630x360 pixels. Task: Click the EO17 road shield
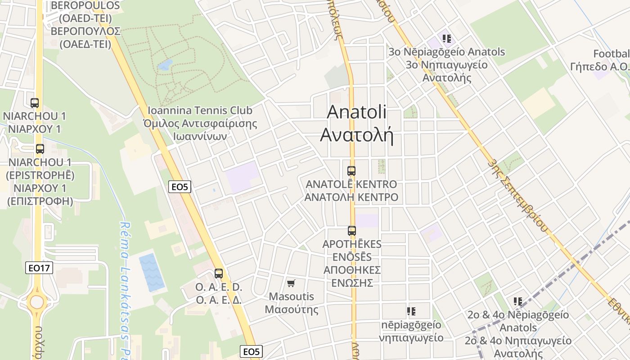(x=39, y=268)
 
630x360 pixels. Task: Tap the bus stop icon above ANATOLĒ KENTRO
(x=351, y=171)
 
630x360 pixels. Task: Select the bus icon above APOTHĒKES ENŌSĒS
(x=352, y=231)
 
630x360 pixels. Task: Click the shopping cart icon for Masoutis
(x=291, y=283)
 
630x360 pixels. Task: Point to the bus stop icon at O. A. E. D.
(x=219, y=273)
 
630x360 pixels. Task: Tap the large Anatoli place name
(x=356, y=112)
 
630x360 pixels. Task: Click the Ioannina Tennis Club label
(x=200, y=110)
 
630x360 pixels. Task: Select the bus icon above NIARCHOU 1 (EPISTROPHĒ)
(x=40, y=149)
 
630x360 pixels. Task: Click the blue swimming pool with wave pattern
(x=151, y=273)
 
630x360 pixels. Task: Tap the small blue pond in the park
(x=165, y=65)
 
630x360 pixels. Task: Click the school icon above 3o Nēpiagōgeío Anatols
(x=446, y=39)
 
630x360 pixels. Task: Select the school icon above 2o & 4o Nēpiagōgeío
(x=517, y=301)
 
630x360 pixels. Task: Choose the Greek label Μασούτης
(x=291, y=310)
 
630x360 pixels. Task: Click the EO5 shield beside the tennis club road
(x=179, y=187)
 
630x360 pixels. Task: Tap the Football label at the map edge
(x=611, y=54)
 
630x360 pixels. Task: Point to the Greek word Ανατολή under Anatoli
(x=356, y=135)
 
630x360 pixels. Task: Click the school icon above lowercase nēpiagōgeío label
(x=411, y=311)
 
